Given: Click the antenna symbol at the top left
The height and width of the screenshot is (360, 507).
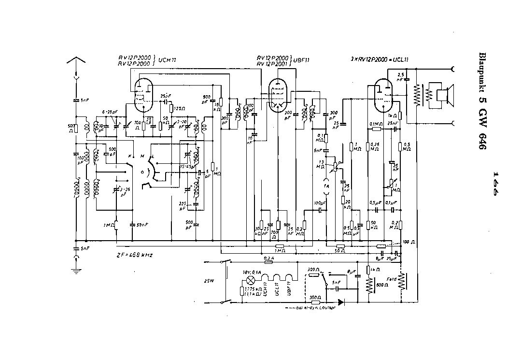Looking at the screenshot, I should [76, 62].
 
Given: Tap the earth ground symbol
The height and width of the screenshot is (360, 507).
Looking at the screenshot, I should [76, 271].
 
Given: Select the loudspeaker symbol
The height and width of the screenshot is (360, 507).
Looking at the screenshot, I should [441, 96].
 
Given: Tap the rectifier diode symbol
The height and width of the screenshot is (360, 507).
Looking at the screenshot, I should [341, 302].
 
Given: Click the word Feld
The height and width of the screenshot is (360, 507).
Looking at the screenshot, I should [392, 279].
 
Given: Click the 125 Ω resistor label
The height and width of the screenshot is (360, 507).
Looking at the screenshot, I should [179, 108].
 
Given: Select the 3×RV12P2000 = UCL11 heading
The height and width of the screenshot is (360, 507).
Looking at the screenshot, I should [373, 59].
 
